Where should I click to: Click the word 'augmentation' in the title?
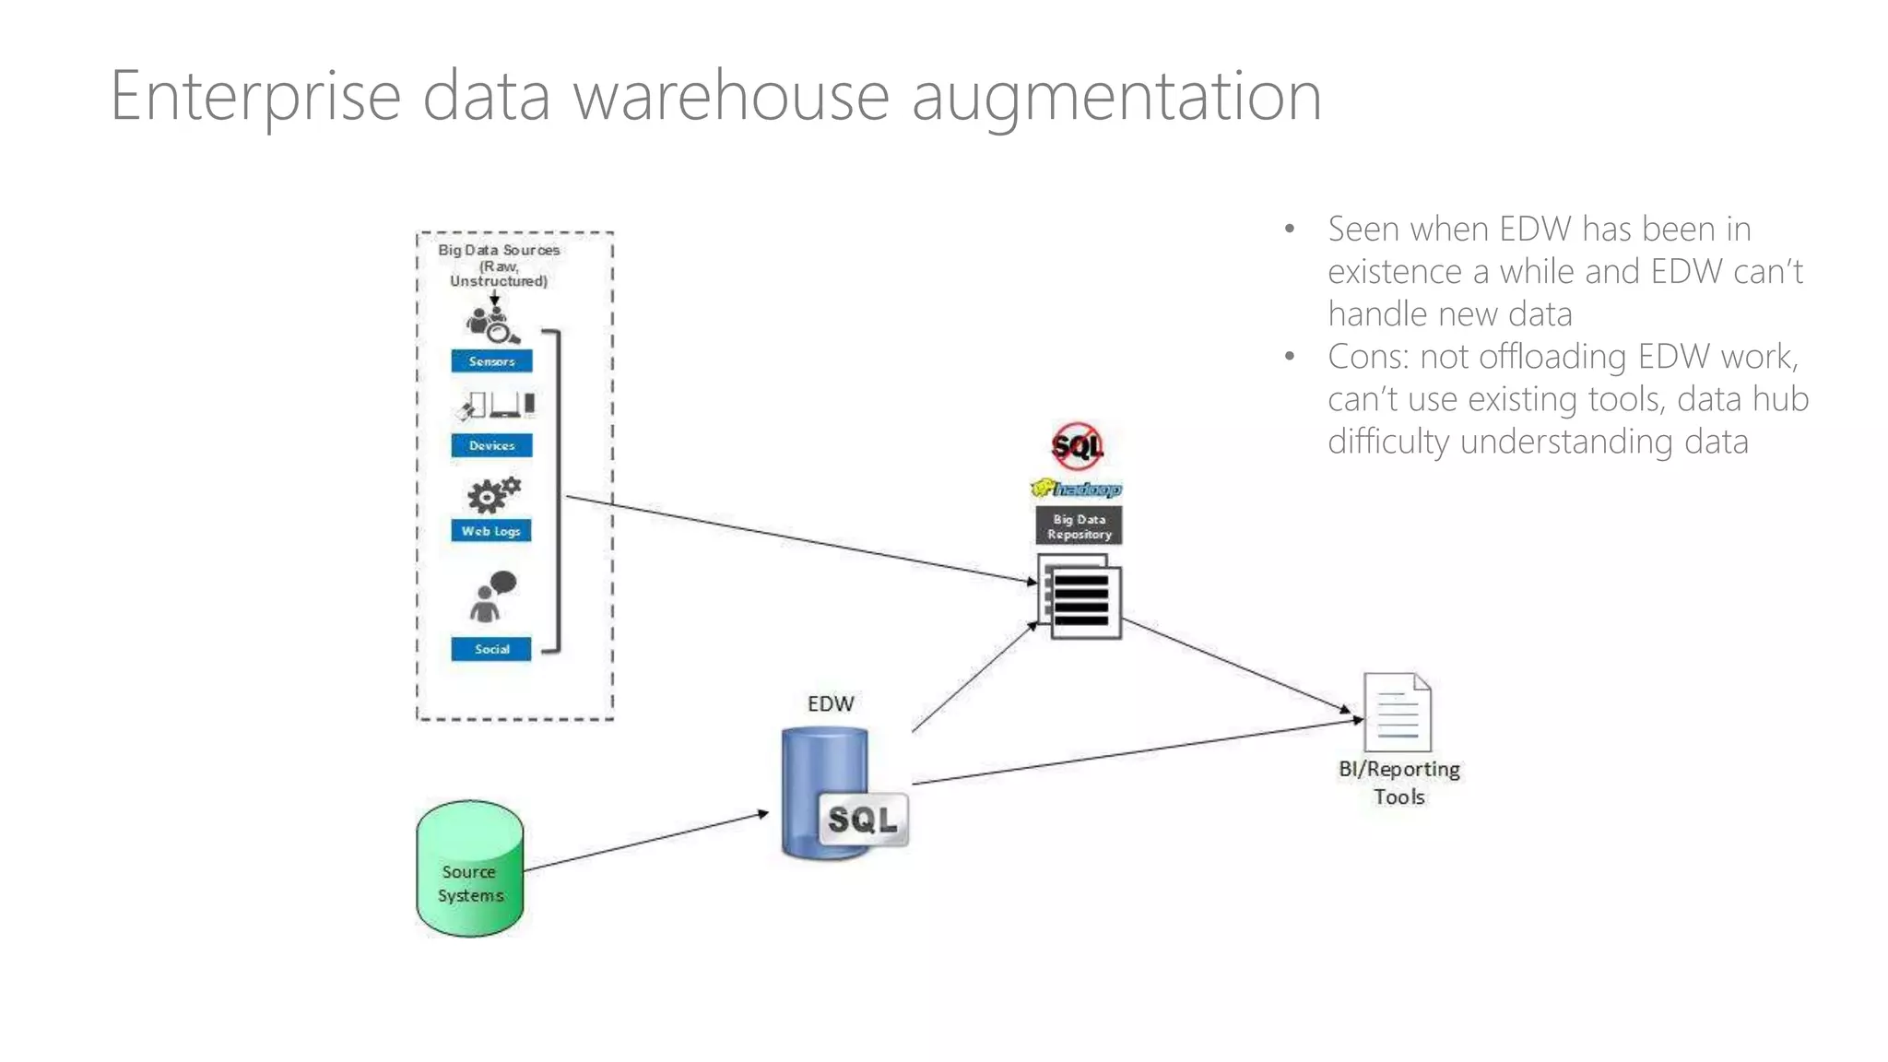1116,97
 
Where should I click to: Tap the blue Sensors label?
491,361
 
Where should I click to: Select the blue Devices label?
491,445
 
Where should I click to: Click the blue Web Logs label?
491,531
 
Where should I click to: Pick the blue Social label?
491,649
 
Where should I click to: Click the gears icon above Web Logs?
493,496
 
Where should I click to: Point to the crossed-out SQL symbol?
1077,446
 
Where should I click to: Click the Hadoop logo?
1076,489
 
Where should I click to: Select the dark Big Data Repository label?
1079,526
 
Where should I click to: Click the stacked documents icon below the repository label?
1080,597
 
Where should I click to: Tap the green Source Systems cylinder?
470,868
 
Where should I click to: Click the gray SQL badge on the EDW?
863,819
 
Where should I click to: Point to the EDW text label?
831,703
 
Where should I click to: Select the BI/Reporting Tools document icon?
1398,713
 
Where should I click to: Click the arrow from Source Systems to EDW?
645,842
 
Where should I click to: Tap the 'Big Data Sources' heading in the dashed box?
499,250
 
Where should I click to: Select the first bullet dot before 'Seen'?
1290,229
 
